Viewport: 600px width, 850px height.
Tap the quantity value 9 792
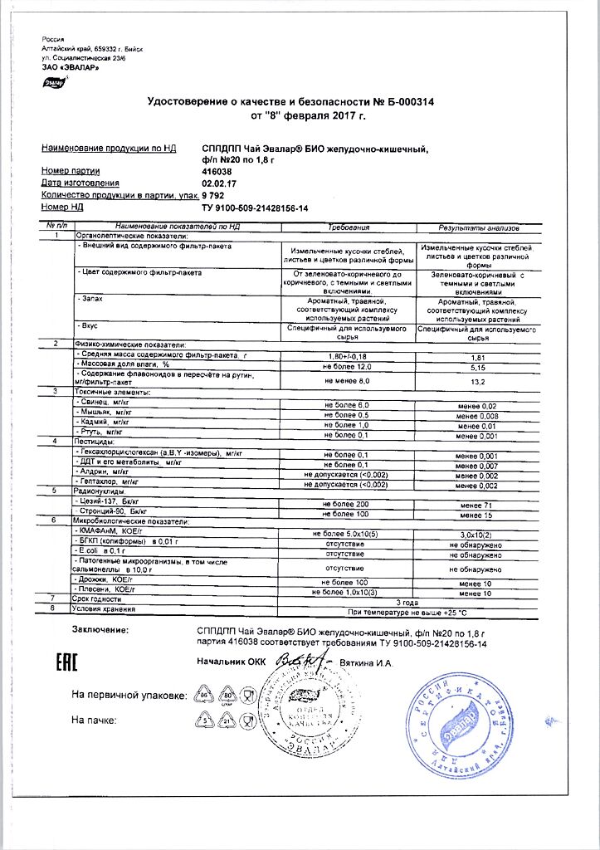(215, 194)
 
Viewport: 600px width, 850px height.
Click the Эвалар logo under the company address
(51, 82)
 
